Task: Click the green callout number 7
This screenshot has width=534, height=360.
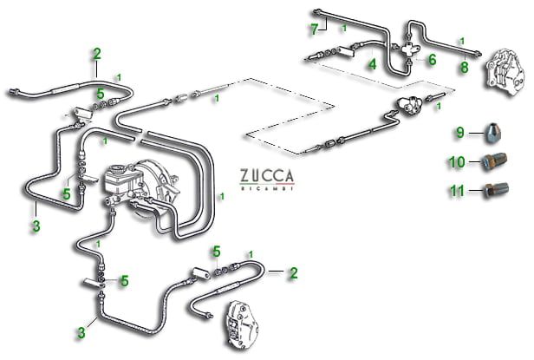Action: pyautogui.click(x=315, y=29)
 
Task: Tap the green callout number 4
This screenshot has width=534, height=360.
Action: pyautogui.click(x=371, y=63)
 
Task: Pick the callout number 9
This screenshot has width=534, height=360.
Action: pyautogui.click(x=461, y=133)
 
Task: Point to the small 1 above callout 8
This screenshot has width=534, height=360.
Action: pyautogui.click(x=462, y=40)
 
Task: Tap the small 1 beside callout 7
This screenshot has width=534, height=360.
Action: pyautogui.click(x=344, y=29)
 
